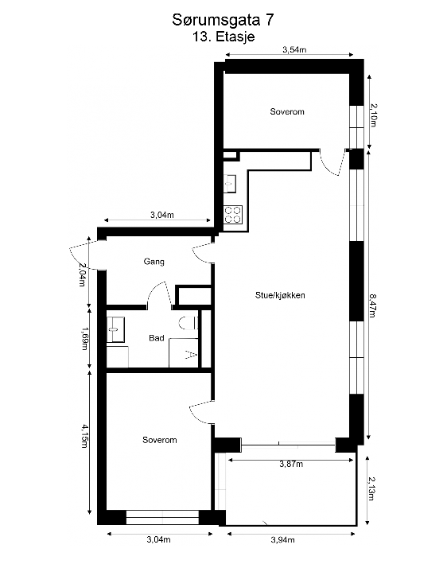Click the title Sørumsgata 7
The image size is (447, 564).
223,19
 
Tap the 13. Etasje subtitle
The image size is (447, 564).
223,36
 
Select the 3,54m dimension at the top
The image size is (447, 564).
294,50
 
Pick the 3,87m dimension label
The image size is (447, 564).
291,464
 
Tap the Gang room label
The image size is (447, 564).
154,261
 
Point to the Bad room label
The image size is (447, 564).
157,338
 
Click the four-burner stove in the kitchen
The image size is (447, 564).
233,213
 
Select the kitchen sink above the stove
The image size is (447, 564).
230,184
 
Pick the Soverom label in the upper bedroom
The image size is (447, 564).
287,112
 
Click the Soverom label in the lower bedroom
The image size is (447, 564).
159,440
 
